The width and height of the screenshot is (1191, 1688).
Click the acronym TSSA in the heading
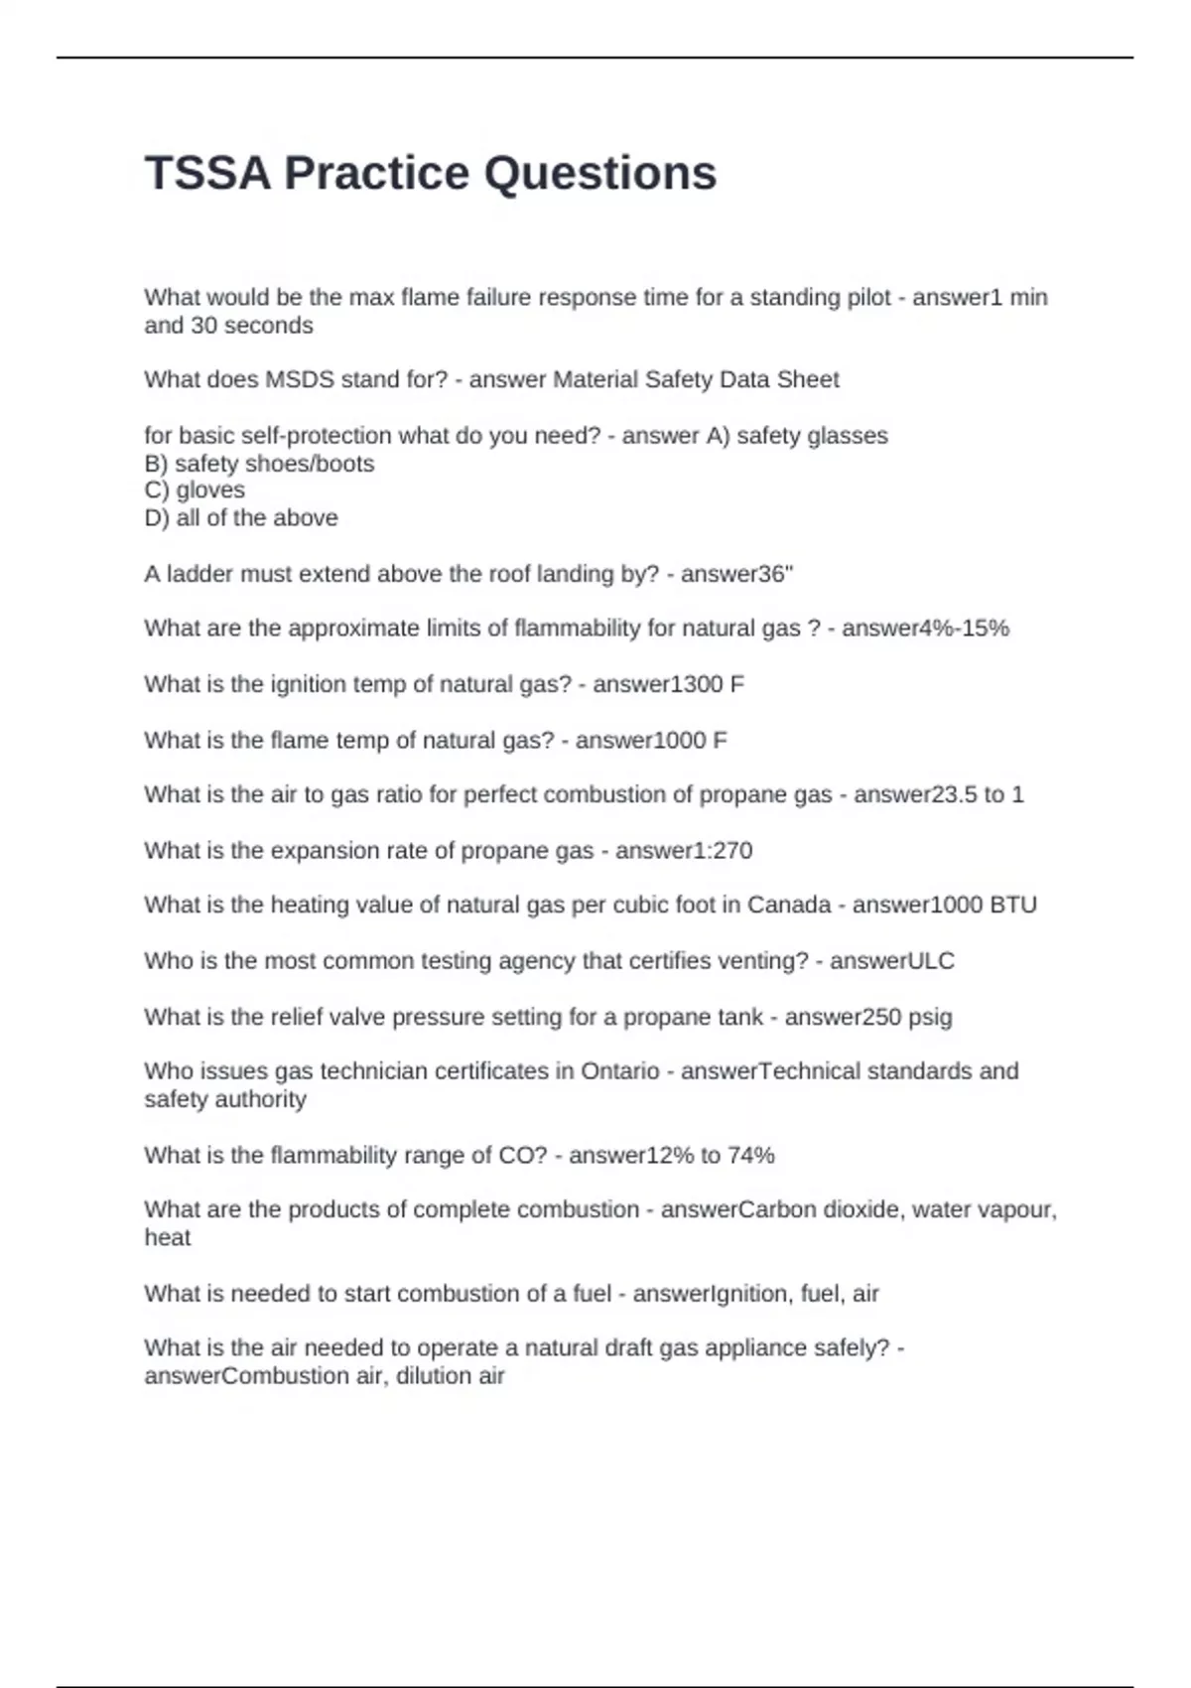click(x=207, y=174)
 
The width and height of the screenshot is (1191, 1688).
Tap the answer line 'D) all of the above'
click(x=241, y=518)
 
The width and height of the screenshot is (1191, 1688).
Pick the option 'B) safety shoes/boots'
click(x=259, y=464)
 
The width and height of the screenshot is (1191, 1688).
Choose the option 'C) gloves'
click(x=195, y=491)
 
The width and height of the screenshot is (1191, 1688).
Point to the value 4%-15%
click(x=968, y=629)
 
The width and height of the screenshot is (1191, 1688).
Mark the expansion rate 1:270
click(x=718, y=851)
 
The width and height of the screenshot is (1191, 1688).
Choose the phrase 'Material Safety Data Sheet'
click(x=696, y=380)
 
